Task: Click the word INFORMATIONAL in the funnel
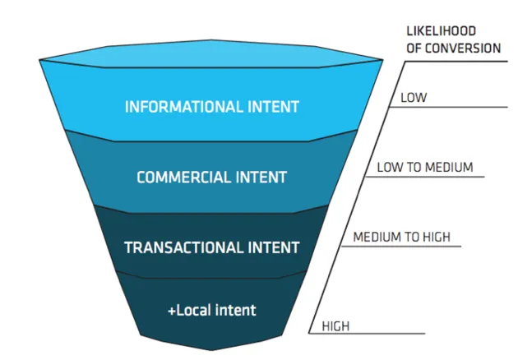point(183,107)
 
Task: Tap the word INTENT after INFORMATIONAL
point(274,107)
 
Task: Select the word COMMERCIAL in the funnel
point(183,178)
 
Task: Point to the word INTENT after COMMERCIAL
point(261,178)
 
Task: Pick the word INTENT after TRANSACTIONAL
point(274,247)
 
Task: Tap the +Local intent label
point(212,311)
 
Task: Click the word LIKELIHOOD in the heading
point(441,31)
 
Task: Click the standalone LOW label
point(414,98)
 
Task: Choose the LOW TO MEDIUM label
point(425,167)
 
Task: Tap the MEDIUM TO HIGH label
point(402,237)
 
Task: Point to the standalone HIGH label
point(335,326)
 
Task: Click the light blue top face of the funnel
point(211,53)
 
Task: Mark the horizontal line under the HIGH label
point(367,333)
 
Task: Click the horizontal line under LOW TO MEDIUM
point(425,177)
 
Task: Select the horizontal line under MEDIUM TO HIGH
point(401,246)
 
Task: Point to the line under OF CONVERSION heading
point(456,62)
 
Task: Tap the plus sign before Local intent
point(172,312)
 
